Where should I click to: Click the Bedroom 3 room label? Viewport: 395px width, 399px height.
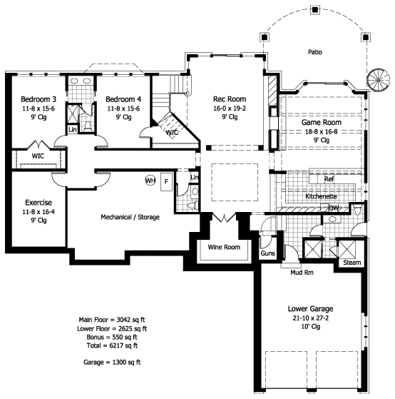[x=39, y=99]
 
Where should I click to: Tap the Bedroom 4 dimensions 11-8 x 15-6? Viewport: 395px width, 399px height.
[x=123, y=108]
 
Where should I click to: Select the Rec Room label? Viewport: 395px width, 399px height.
[x=230, y=99]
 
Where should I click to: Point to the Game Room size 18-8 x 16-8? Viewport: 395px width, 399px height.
[x=322, y=131]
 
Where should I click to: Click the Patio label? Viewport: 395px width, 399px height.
[x=315, y=52]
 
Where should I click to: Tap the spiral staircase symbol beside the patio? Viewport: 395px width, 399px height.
[x=378, y=80]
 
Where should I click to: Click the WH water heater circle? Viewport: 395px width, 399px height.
[x=150, y=181]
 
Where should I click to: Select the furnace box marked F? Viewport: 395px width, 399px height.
[x=167, y=182]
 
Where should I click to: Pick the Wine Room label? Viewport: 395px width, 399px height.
[x=224, y=247]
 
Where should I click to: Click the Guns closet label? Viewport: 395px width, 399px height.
[x=267, y=253]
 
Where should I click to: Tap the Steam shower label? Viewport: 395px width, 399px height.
[x=352, y=263]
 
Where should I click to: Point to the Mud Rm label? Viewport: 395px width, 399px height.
[x=302, y=273]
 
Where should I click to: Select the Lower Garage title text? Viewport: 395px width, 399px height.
[x=310, y=308]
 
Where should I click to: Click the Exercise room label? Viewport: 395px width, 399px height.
[x=39, y=202]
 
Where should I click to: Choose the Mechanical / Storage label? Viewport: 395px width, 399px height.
[x=130, y=217]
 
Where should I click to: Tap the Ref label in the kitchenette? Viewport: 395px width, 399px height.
[x=329, y=179]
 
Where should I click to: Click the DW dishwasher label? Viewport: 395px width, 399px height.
[x=334, y=208]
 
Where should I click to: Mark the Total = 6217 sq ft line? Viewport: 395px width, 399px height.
[x=112, y=345]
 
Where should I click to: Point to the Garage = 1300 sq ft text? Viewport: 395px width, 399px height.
[x=112, y=362]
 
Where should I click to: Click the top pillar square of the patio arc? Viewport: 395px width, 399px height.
[x=315, y=10]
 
